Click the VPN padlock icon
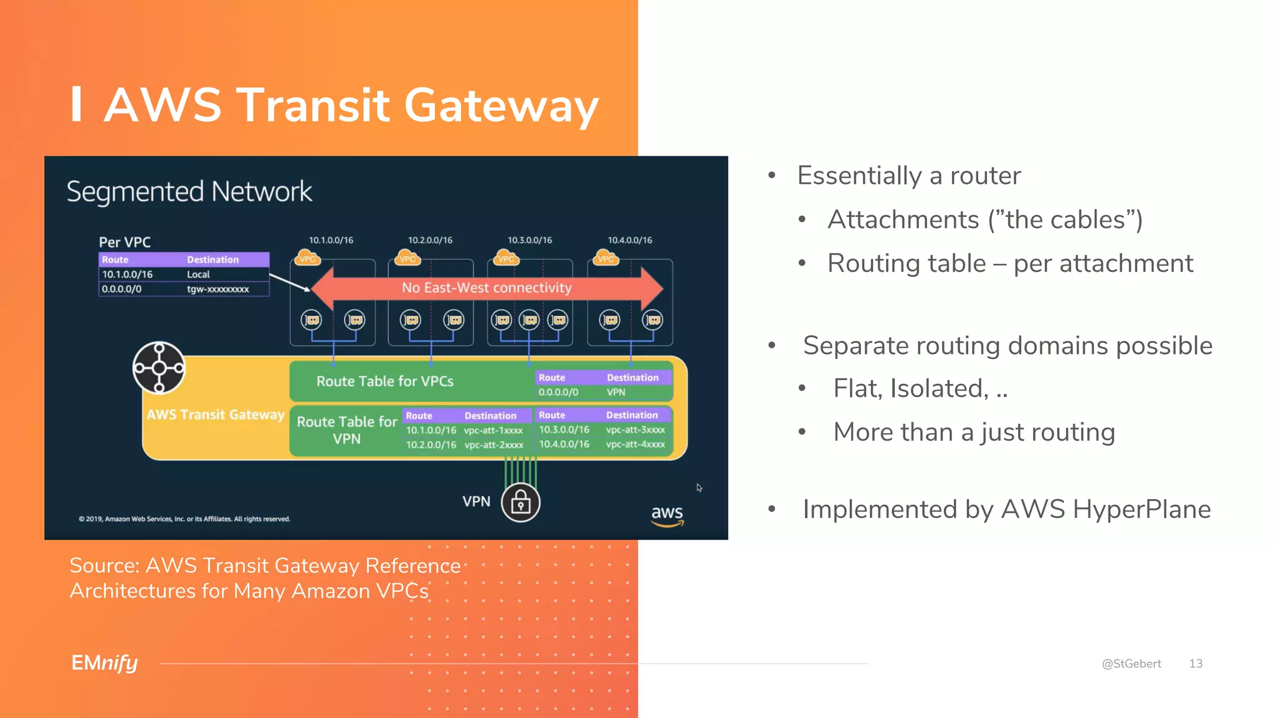520,502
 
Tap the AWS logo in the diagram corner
667,515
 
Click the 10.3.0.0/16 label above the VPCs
530,240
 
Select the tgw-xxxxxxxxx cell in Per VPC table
218,289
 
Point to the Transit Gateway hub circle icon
159,368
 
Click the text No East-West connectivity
487,288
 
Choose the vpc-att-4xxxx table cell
636,444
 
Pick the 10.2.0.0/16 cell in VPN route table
431,445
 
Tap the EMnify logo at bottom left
104,663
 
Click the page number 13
1196,664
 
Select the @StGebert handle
1131,664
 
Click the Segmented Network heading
189,191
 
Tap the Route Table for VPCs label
385,381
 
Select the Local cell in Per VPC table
198,274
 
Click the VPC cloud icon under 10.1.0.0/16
307,257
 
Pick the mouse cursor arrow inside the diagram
699,487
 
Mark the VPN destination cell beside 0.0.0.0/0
616,392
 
